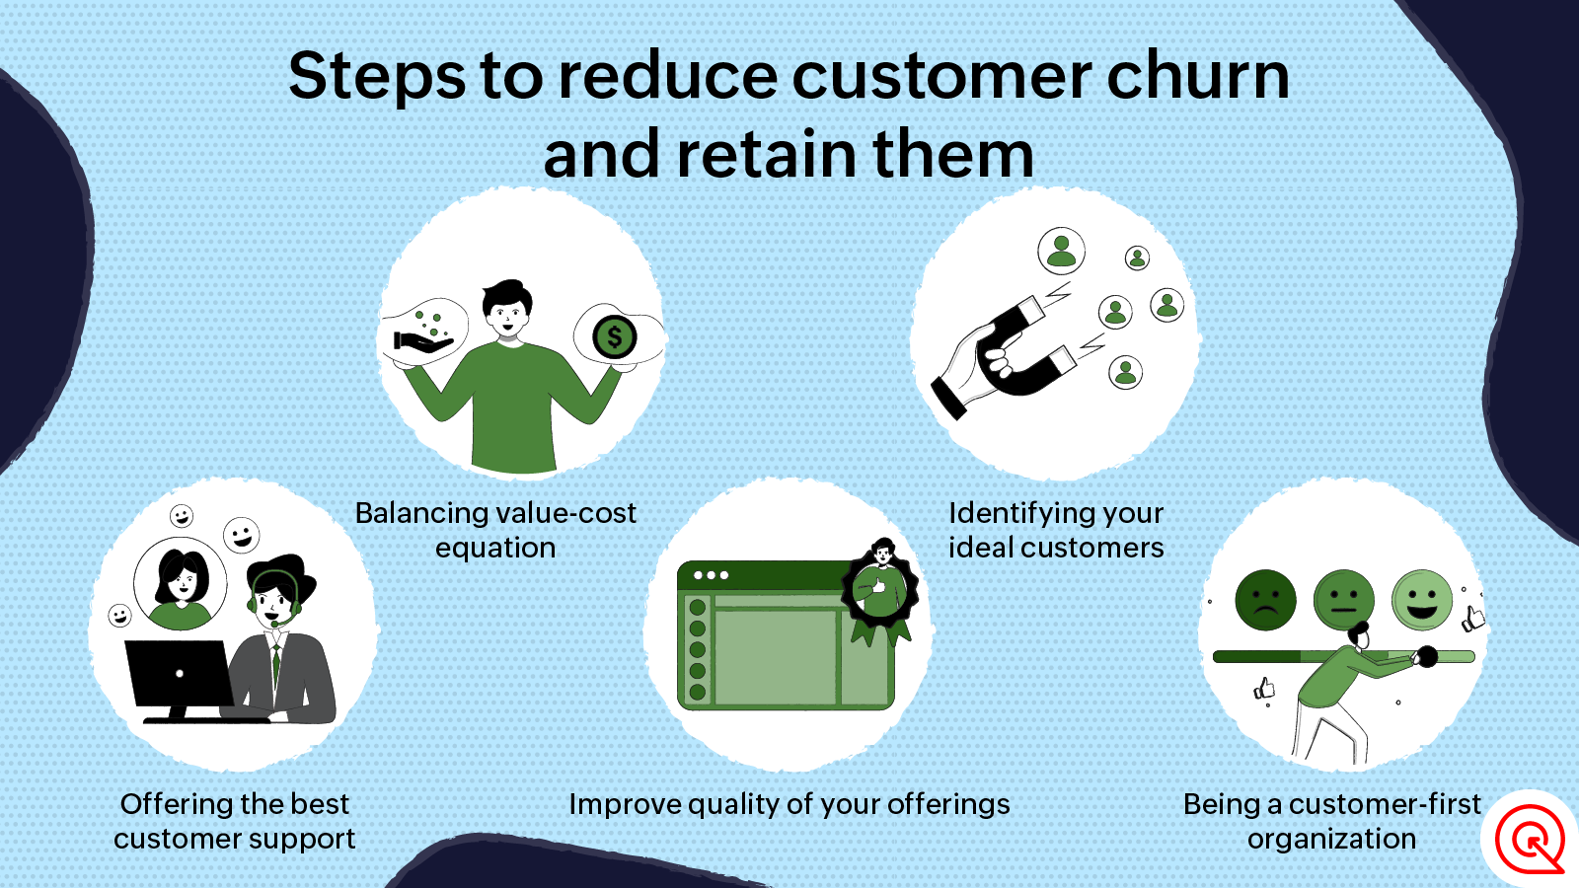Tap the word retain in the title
tap(768, 154)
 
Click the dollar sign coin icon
tap(614, 337)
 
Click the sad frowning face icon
tap(1265, 601)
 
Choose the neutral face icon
tap(1343, 601)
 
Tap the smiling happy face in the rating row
tap(1422, 601)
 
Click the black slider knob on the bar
tap(1427, 657)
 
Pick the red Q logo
tap(1530, 840)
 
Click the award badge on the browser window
tap(880, 592)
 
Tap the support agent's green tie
tap(276, 666)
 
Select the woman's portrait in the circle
tap(181, 583)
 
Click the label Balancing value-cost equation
tap(495, 530)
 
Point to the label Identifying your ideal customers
tap(1056, 530)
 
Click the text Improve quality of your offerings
tap(789, 804)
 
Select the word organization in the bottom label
tap(1331, 840)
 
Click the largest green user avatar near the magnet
tap(1061, 252)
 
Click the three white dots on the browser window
tap(711, 575)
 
